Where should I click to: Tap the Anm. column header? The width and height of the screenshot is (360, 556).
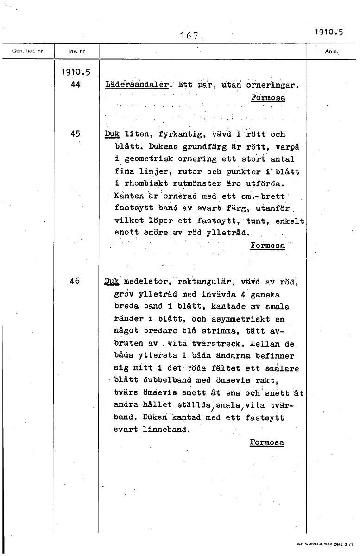[332, 51]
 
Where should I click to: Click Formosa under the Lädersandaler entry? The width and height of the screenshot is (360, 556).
[268, 98]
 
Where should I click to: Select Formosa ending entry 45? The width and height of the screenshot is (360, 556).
[267, 245]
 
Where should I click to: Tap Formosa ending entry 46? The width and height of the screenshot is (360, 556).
[267, 442]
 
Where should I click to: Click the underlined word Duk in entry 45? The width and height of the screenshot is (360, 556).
[112, 134]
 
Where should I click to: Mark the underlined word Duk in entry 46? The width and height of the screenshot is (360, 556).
[112, 281]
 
